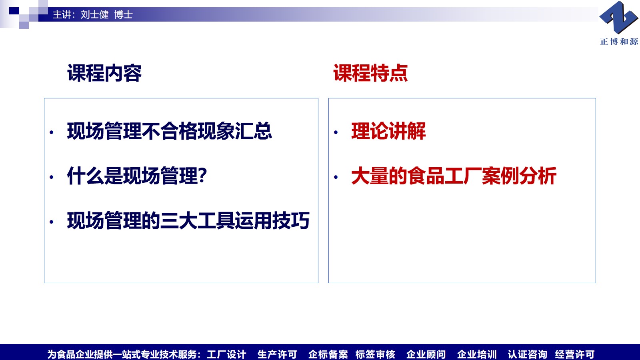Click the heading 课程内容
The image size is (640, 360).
tap(104, 73)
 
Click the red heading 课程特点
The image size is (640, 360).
tap(370, 73)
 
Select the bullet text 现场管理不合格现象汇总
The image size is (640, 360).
tap(170, 131)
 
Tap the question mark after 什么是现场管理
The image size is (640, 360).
tap(202, 175)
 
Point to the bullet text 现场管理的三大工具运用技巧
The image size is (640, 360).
tap(188, 220)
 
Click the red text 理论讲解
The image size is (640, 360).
tap(388, 131)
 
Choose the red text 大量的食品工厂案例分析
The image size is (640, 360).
tap(454, 176)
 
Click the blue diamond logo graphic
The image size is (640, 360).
tap(618, 18)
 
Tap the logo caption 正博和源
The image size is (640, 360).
tap(619, 42)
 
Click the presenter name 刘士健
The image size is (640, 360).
tap(94, 14)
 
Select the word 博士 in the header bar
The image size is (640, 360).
tap(124, 14)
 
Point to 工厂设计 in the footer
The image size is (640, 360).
tap(226, 354)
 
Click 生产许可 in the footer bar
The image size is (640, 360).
tap(277, 354)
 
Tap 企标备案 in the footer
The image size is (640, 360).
tap(328, 354)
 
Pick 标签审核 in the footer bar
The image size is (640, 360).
tap(375, 354)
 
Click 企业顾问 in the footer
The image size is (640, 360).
tap(426, 354)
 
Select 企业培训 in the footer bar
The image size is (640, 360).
tap(477, 354)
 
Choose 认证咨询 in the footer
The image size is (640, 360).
tap(528, 354)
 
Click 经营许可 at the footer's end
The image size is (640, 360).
tap(574, 354)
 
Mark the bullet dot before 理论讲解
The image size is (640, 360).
tap(336, 132)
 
